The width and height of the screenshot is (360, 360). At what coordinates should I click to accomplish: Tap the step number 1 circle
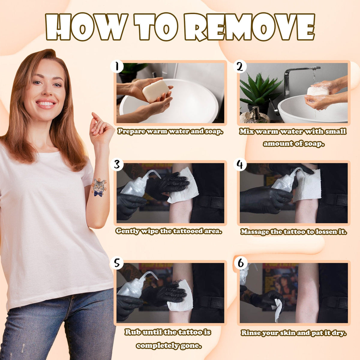pyautogui.click(x=117, y=67)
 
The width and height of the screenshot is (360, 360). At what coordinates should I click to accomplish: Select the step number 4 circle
pyautogui.click(x=240, y=165)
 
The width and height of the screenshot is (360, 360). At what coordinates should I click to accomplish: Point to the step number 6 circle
pyautogui.click(x=241, y=263)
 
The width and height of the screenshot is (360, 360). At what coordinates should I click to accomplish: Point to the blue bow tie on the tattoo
pyautogui.click(x=98, y=193)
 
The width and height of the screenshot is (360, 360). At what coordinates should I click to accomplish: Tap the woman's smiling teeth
pyautogui.click(x=46, y=103)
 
